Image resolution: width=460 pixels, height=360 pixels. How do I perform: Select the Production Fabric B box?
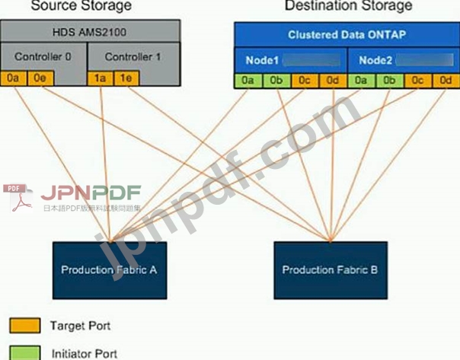pos(330,269)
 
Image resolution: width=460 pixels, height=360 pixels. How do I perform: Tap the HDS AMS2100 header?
pos(90,31)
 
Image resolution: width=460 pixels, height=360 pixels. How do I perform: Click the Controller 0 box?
pos(44,56)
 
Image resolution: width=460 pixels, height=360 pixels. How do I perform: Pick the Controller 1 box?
pos(133,56)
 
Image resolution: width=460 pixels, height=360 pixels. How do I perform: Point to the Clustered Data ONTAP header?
pos(346,35)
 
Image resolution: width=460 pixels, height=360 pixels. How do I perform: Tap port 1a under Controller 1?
pos(99,77)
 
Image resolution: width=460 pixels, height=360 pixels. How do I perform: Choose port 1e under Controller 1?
pos(123,77)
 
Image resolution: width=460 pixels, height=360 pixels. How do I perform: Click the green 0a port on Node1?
pos(248,81)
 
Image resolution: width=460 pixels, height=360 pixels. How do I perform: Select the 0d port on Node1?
pos(332,81)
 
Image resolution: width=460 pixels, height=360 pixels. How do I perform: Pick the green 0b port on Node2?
pos(389,81)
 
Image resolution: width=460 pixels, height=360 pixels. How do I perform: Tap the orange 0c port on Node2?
pos(417,81)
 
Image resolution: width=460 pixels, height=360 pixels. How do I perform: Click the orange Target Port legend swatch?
pos(24,327)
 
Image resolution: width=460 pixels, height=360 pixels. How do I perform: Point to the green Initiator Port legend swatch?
pos(24,352)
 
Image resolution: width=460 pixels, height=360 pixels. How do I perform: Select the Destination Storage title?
pos(348,6)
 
